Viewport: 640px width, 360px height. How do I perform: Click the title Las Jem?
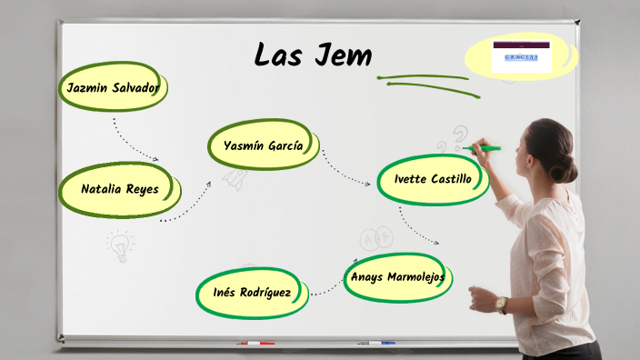313,55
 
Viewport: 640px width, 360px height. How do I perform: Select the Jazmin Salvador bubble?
113,88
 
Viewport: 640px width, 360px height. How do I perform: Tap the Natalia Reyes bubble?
119,190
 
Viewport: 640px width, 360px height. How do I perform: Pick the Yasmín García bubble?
264,145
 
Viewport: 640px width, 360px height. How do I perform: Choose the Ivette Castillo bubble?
433,179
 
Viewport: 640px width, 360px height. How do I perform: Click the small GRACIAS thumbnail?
521,55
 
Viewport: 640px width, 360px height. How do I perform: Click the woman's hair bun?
565,169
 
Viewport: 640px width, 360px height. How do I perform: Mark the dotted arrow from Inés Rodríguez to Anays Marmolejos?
327,288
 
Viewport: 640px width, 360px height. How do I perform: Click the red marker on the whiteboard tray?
255,344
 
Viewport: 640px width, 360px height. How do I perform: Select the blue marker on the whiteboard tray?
376,343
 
